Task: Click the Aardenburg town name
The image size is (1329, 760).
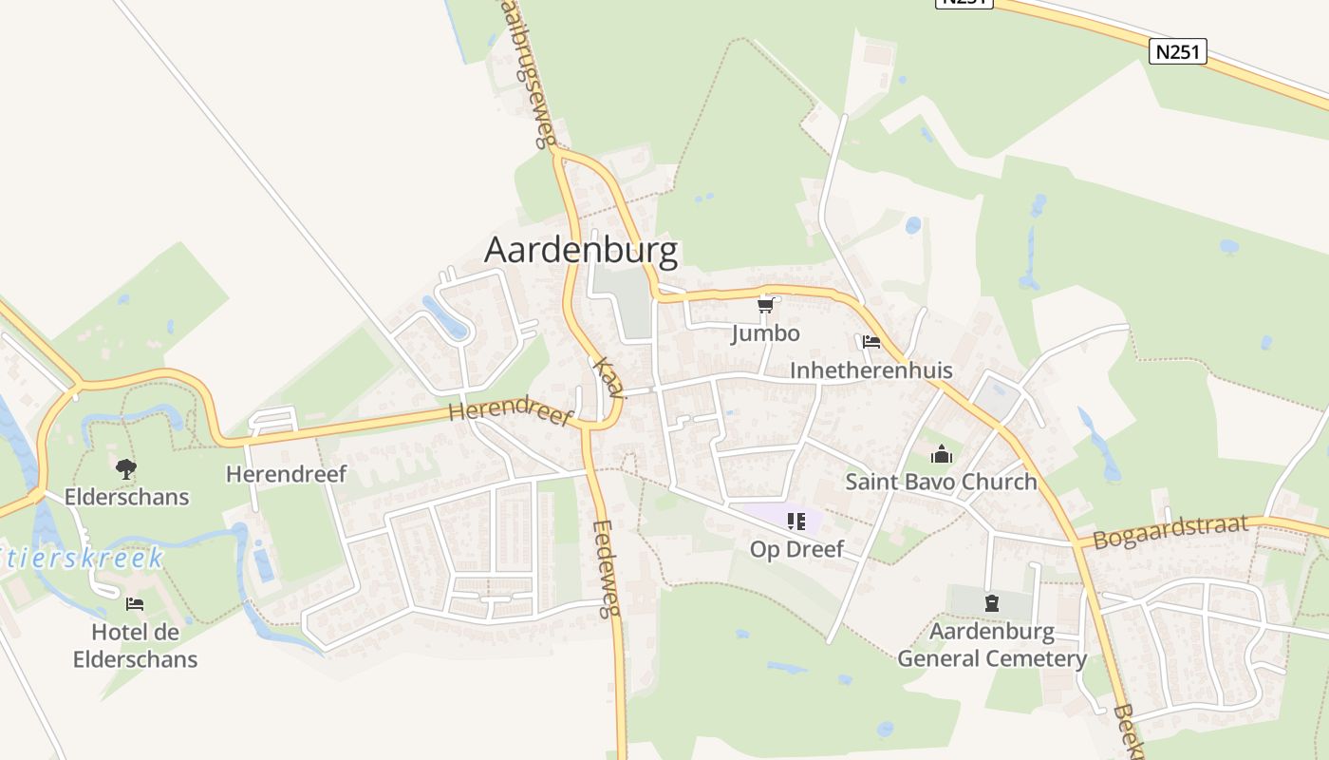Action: coord(581,251)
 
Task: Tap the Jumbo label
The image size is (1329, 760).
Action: coord(765,333)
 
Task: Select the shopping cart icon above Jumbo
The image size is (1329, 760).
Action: coord(765,305)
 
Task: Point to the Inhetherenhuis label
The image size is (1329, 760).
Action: coord(870,370)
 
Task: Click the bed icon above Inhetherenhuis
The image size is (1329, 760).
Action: coord(871,342)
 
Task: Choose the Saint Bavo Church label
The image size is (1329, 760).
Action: coord(941,482)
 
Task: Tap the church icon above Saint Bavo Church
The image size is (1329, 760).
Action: coord(941,454)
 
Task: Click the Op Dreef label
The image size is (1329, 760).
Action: coord(796,549)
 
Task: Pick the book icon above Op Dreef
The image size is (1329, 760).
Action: coord(796,521)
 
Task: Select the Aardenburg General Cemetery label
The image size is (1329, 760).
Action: coord(992,645)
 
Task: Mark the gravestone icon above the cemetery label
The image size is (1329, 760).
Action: coord(992,602)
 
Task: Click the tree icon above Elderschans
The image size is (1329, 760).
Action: coord(126,468)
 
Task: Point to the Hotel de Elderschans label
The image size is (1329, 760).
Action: coord(135,645)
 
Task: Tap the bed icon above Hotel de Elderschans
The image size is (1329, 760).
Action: coord(135,603)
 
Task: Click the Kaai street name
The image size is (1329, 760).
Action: coord(608,378)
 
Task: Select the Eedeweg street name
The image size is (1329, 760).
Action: coord(605,569)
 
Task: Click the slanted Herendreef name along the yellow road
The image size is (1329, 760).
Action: coord(511,414)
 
